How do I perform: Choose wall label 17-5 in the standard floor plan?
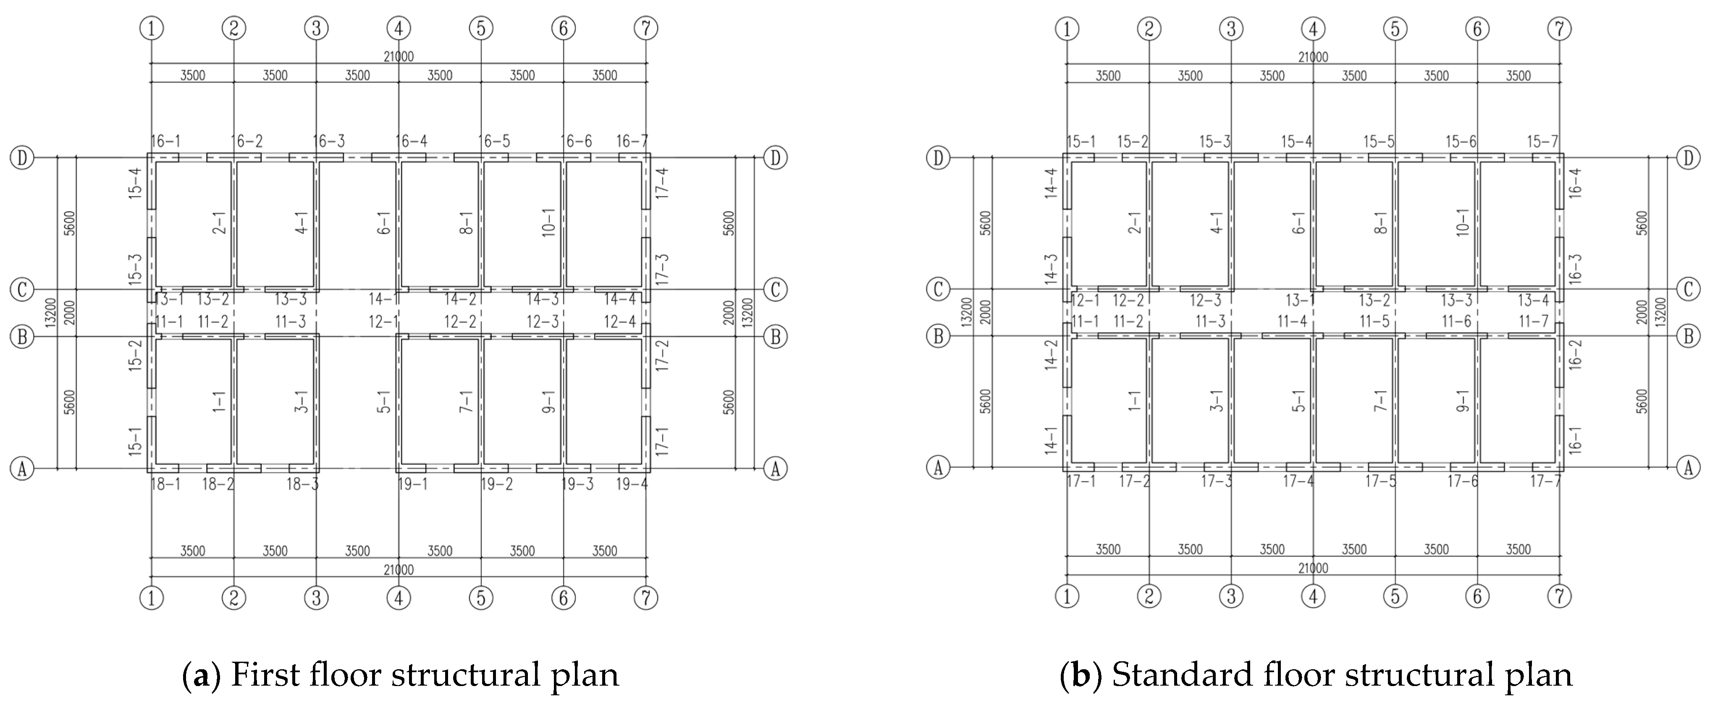point(1381,481)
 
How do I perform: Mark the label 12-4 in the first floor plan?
point(619,322)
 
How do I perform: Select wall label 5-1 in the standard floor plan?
point(1298,401)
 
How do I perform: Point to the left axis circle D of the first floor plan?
point(22,158)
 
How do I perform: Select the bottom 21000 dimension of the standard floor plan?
point(1313,568)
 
